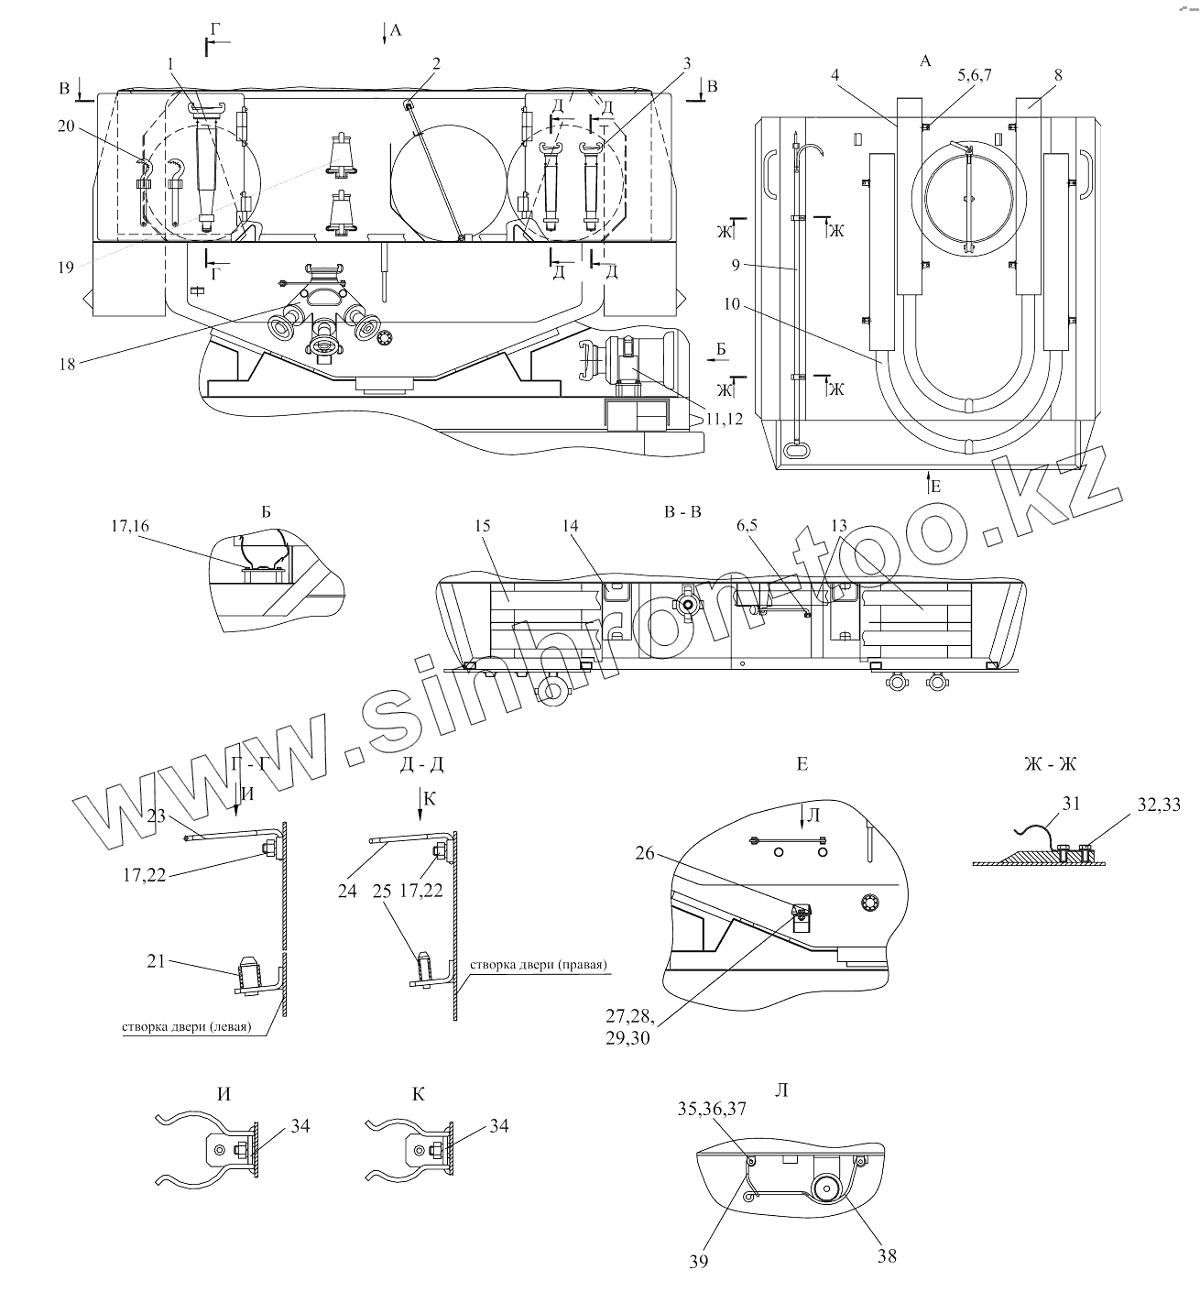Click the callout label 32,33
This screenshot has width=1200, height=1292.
[1158, 805]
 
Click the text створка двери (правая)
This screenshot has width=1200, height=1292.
[540, 967]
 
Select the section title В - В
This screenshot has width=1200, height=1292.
[682, 511]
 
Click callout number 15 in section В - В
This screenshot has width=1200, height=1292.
[484, 527]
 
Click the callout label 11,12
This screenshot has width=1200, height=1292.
[723, 418]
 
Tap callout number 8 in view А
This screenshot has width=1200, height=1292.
[1058, 76]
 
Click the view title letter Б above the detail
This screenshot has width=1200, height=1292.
[267, 511]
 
